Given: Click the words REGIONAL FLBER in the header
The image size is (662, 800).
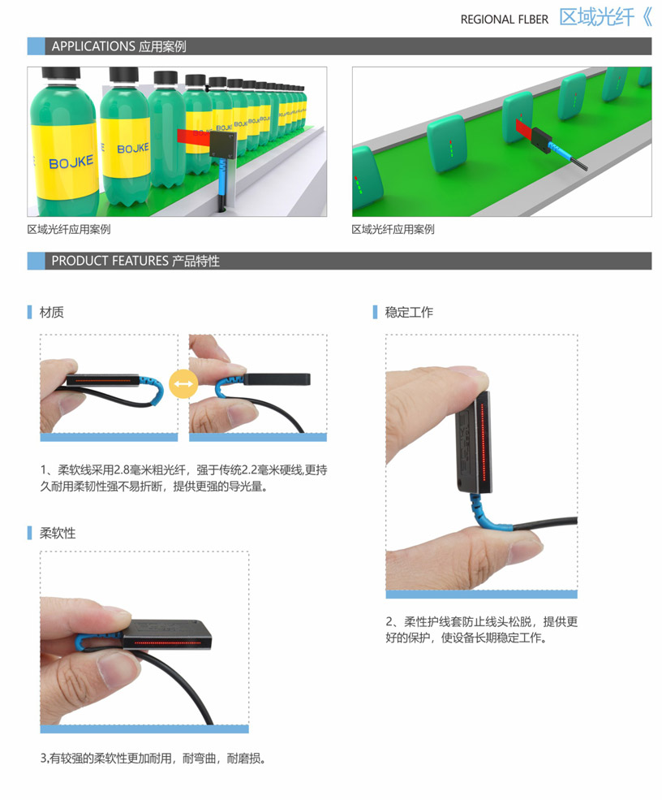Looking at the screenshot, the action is coord(504,19).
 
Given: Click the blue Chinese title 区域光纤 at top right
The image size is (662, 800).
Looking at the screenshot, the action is coord(597,17).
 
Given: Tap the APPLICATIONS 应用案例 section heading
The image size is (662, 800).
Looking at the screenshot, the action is coord(118,46).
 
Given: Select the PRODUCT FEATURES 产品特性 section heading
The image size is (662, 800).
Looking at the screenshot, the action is coord(135,261).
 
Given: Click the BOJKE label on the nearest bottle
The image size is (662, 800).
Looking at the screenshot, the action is coord(71,162).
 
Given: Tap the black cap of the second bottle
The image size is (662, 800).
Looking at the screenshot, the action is coord(124,75).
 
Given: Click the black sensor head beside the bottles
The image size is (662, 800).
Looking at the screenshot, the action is coord(223,144).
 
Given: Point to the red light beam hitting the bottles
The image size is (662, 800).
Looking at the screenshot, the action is coord(194,136).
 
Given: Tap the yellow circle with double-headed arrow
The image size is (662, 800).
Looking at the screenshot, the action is coord(183,383).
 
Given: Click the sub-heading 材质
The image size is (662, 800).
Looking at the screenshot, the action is coord(51,312).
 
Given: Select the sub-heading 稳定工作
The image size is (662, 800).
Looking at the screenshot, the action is coord(409,312).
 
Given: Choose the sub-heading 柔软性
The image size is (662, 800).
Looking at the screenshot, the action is coord(58,533).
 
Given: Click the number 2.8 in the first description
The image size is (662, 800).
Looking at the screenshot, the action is coord(123,470).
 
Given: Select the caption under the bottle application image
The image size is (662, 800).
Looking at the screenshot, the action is coord(69,230).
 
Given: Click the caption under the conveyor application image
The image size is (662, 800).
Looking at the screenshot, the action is coord(393,230).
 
